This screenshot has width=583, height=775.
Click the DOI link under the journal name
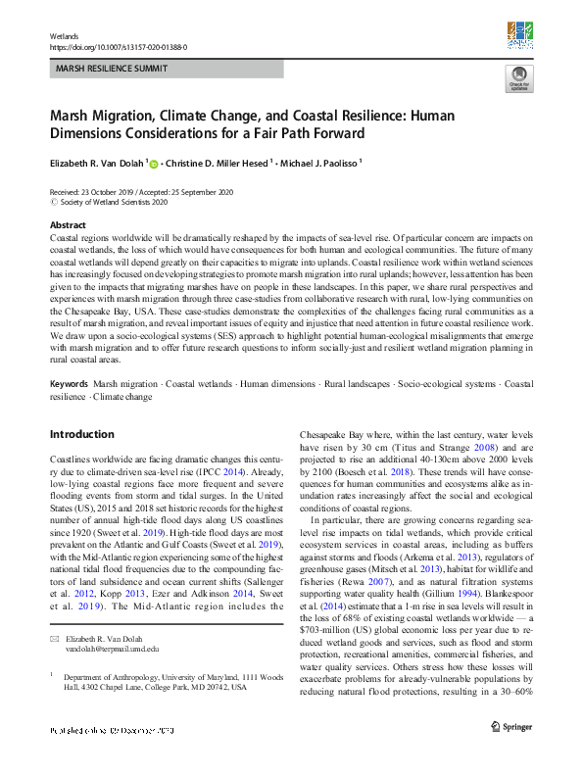[119, 46]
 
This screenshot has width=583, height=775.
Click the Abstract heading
[68, 225]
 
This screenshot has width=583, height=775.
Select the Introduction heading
[81, 433]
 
